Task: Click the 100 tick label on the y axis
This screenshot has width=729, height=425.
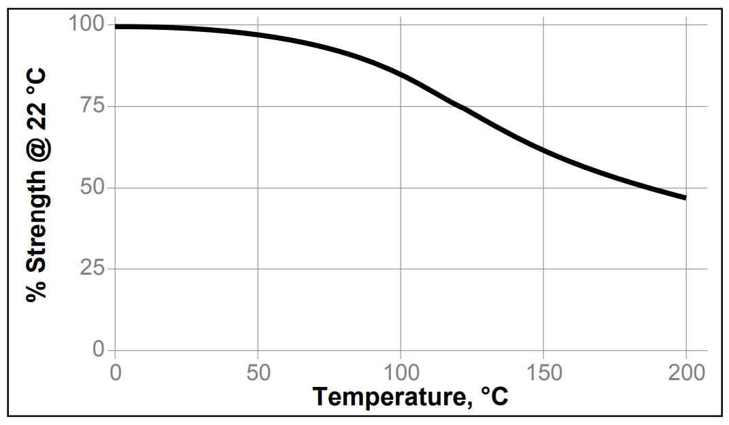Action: pos(86,24)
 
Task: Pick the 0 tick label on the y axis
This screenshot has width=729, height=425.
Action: pos(99,350)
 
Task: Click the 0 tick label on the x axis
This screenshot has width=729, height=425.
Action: pos(115,373)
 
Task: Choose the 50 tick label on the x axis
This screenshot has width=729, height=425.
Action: pos(257,373)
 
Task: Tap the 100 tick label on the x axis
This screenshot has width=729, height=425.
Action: pos(400,373)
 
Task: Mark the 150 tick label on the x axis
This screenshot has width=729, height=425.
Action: pos(543,373)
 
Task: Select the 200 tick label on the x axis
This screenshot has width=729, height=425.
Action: pos(685,373)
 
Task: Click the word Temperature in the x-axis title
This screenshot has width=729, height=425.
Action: pos(390,397)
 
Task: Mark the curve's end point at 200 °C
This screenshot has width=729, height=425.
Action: pos(685,197)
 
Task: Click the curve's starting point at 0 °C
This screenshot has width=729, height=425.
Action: pos(116,27)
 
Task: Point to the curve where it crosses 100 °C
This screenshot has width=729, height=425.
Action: pos(401,73)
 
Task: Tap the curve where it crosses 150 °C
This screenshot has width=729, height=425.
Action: pos(543,150)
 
